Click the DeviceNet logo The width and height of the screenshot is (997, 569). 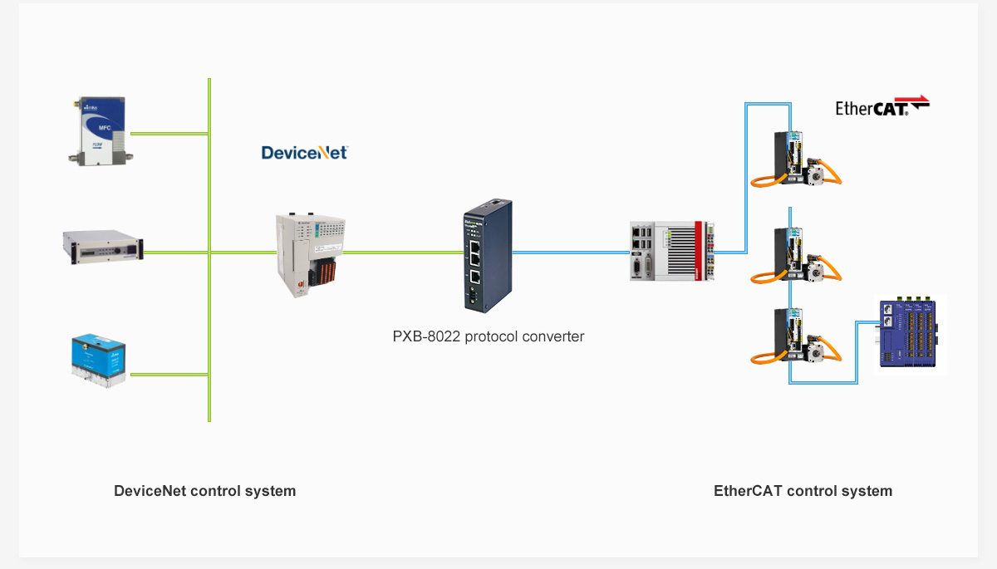[304, 152]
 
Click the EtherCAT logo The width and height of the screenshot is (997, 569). [881, 106]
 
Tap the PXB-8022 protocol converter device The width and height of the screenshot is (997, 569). [487, 255]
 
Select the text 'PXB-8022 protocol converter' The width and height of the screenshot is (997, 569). [488, 336]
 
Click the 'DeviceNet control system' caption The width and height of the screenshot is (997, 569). [204, 491]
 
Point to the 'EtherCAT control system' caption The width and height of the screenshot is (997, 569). [803, 491]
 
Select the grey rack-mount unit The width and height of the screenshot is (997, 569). [103, 245]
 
